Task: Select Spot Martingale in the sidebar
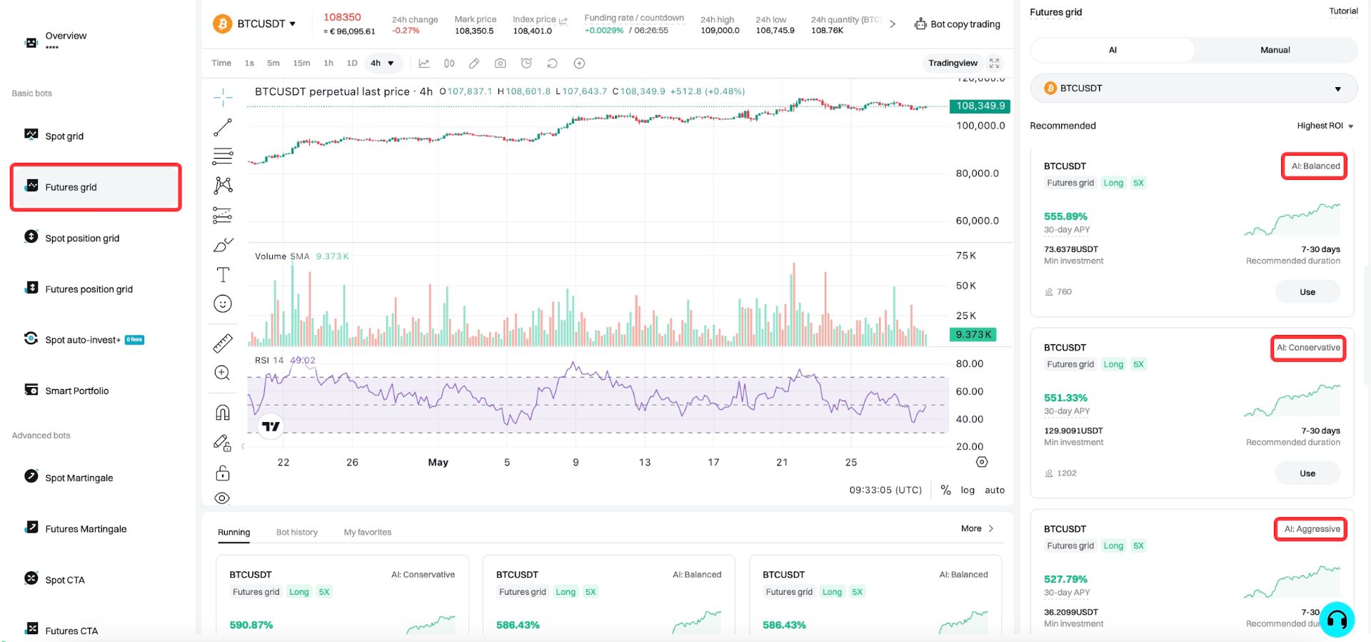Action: tap(79, 478)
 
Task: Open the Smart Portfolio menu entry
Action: tap(76, 391)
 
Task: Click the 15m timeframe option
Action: tap(301, 63)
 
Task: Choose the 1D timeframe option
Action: tap(352, 63)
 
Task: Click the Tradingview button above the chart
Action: tap(953, 63)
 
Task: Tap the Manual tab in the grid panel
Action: tap(1275, 50)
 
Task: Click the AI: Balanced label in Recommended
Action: tap(1315, 166)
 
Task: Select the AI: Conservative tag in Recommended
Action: tap(1308, 348)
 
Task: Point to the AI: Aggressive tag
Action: tap(1311, 529)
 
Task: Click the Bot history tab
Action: tap(297, 532)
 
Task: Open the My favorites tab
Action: tap(368, 532)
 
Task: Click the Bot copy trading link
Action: tap(958, 24)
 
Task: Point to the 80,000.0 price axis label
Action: tap(977, 174)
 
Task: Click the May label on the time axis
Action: tap(438, 463)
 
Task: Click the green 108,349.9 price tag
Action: tap(980, 106)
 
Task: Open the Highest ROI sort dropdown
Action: tap(1325, 126)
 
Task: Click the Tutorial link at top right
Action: tap(1343, 11)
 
